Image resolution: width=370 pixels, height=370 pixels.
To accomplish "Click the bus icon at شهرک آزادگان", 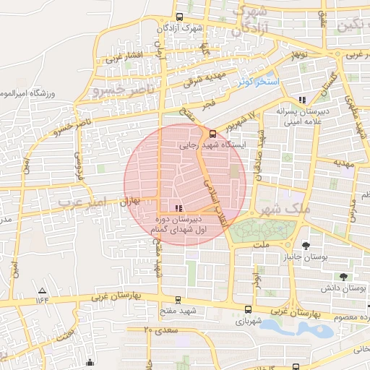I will tap(180, 17).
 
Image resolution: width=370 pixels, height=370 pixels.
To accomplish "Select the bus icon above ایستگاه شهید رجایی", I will tap(212, 134).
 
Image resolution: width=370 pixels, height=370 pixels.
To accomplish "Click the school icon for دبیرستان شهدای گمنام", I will tap(178, 209).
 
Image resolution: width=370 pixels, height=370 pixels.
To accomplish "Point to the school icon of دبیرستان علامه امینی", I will tap(302, 100).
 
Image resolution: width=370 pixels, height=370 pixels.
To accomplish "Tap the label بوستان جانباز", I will tap(299, 257).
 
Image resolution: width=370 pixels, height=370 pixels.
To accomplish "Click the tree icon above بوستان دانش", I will tap(343, 276).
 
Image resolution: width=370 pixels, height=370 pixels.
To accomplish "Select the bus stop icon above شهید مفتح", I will tap(178, 300).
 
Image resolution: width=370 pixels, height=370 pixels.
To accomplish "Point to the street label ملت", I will tap(261, 245).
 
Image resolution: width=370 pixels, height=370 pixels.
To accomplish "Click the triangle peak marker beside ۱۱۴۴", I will tap(41, 291).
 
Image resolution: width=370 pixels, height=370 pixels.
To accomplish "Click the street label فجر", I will tap(209, 104).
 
